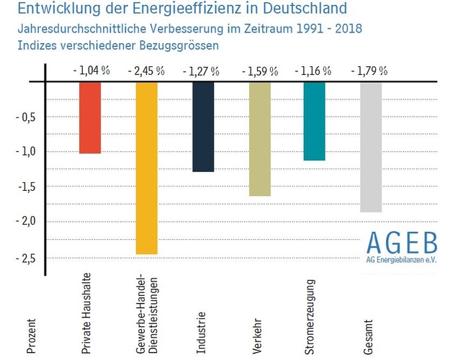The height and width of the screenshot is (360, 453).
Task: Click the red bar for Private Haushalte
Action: (x=90, y=117)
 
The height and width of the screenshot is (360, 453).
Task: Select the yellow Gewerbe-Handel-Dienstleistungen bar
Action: (x=146, y=168)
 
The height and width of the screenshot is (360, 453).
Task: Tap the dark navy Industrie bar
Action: (x=203, y=127)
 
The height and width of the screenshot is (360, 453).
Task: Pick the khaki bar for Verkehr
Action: (x=259, y=138)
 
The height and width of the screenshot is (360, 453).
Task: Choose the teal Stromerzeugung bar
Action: (x=315, y=121)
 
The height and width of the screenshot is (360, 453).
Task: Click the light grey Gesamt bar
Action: (x=370, y=147)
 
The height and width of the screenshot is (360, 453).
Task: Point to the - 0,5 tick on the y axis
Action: (x=27, y=117)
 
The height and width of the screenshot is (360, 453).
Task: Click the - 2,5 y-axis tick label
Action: (x=27, y=258)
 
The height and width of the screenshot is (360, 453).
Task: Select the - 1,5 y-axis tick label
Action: (x=27, y=187)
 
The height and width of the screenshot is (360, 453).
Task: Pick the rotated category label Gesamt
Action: (x=369, y=333)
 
